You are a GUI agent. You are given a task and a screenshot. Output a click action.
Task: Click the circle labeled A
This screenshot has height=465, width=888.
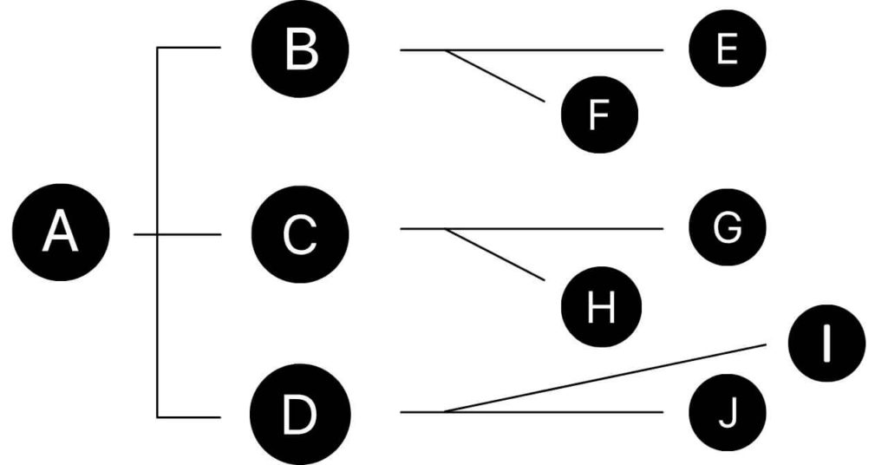pos(61,233)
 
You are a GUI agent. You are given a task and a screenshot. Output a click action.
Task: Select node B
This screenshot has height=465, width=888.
pos(300,49)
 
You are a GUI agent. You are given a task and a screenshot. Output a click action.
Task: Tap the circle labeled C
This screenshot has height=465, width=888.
pos(300,233)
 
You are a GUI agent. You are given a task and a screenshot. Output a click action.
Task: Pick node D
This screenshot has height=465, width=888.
pos(300,413)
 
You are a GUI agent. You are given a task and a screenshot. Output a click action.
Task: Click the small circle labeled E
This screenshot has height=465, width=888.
pos(727,49)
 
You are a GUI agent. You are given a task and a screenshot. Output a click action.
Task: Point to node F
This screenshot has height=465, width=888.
pos(599,114)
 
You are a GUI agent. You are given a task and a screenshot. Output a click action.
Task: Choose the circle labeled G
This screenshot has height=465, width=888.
pos(727,228)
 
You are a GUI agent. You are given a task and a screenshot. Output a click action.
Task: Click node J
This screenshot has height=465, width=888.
pos(727,412)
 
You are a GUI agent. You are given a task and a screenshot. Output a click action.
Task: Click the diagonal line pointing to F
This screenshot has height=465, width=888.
pos(494,76)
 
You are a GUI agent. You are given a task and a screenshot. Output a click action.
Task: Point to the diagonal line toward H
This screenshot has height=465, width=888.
pos(494,255)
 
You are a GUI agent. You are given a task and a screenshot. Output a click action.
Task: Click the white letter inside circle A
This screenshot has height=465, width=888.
pos(61,233)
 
